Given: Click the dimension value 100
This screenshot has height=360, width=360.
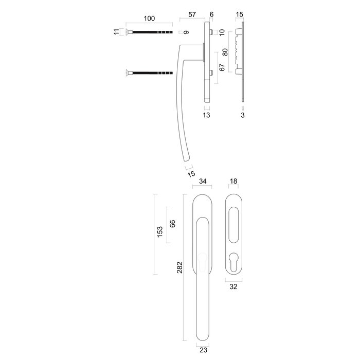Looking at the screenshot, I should (x=149, y=19).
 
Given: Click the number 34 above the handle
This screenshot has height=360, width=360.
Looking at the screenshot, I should (x=203, y=182).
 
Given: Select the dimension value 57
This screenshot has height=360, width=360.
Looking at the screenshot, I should (x=191, y=15).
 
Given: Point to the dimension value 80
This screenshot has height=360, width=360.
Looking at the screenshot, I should (x=225, y=52).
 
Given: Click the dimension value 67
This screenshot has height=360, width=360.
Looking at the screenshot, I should (x=222, y=68).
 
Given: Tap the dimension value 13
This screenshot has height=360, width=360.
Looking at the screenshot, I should (x=206, y=116).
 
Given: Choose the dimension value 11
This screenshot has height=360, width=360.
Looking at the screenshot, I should (x=117, y=32).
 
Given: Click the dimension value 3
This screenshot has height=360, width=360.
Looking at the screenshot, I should (x=242, y=116).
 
